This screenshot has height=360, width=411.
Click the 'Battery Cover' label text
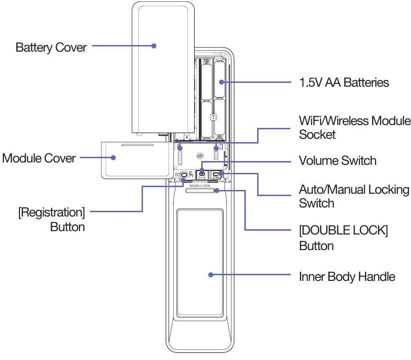(x=51, y=47)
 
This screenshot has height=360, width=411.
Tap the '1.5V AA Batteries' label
(x=344, y=82)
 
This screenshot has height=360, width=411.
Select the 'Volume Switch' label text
(x=338, y=161)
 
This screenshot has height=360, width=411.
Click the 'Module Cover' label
(x=39, y=158)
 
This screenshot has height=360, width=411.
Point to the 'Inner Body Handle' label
(x=347, y=276)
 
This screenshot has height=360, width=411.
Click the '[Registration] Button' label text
(x=52, y=219)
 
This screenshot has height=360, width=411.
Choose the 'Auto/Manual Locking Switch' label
(x=354, y=196)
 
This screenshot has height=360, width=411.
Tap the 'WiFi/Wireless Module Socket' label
(x=354, y=127)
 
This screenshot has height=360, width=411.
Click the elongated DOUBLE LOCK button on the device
(x=200, y=190)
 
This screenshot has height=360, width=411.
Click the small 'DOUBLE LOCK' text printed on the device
(x=200, y=186)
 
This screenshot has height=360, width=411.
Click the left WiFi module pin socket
(x=180, y=155)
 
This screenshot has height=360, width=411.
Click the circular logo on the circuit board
(x=200, y=155)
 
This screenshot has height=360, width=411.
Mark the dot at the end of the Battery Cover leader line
(x=154, y=46)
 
